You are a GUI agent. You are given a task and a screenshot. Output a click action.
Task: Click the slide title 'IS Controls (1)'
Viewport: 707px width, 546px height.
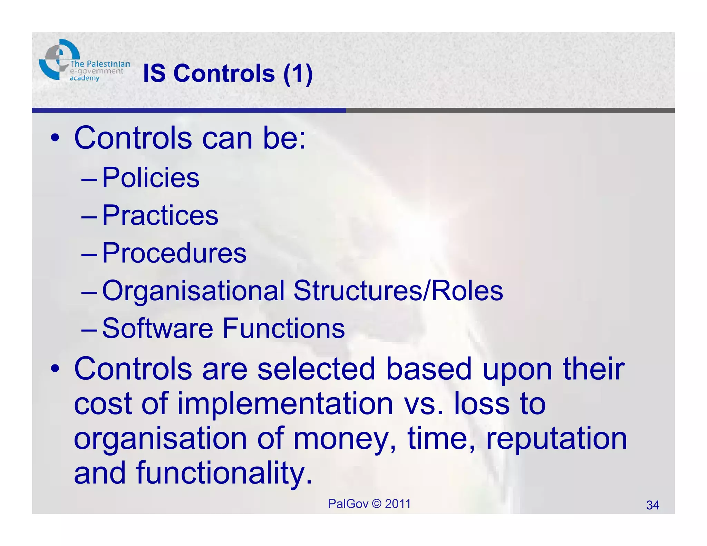click(x=228, y=74)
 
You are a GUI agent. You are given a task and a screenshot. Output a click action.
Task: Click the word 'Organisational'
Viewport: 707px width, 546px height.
click(x=193, y=291)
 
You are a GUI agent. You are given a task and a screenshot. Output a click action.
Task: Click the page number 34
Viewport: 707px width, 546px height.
click(x=652, y=505)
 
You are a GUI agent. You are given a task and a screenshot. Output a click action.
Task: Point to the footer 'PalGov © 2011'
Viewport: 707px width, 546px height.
click(x=369, y=504)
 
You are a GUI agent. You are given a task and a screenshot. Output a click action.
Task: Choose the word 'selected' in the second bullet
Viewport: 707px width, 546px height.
click(x=316, y=369)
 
